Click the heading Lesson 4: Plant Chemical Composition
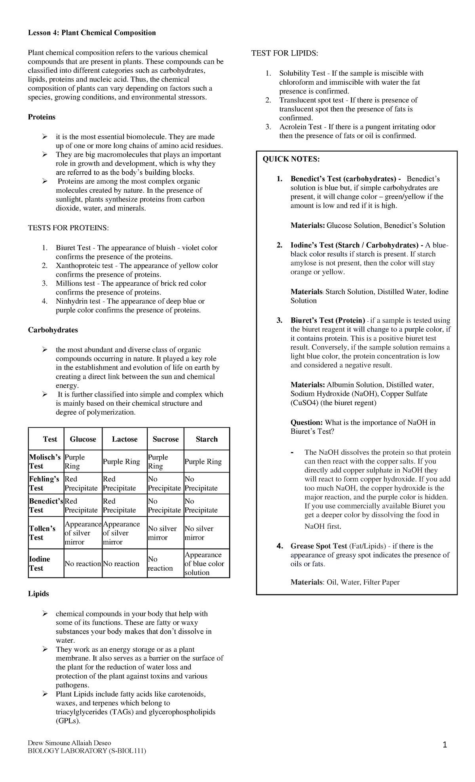(91, 33)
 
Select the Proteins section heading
(41, 117)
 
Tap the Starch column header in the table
(207, 439)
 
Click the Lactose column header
(124, 439)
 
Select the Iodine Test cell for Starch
(204, 564)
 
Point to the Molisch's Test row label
(44, 461)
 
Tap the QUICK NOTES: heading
(291, 159)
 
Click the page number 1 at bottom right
(445, 745)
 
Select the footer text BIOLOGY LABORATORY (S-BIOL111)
(87, 751)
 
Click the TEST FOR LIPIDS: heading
(285, 53)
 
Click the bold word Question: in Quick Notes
(306, 422)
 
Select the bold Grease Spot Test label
(319, 546)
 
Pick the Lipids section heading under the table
(38, 594)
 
